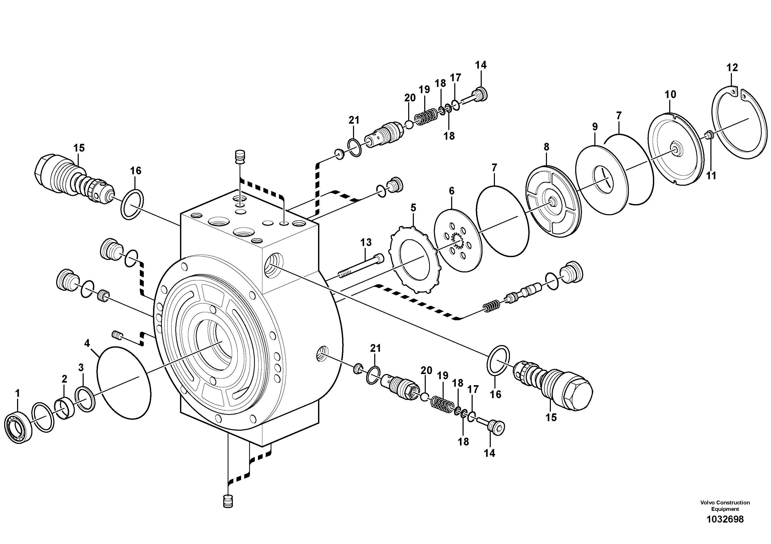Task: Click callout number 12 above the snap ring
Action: (x=732, y=68)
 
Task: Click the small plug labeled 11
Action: (x=709, y=135)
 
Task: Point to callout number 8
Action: (x=546, y=147)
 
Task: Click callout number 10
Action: (x=670, y=95)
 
